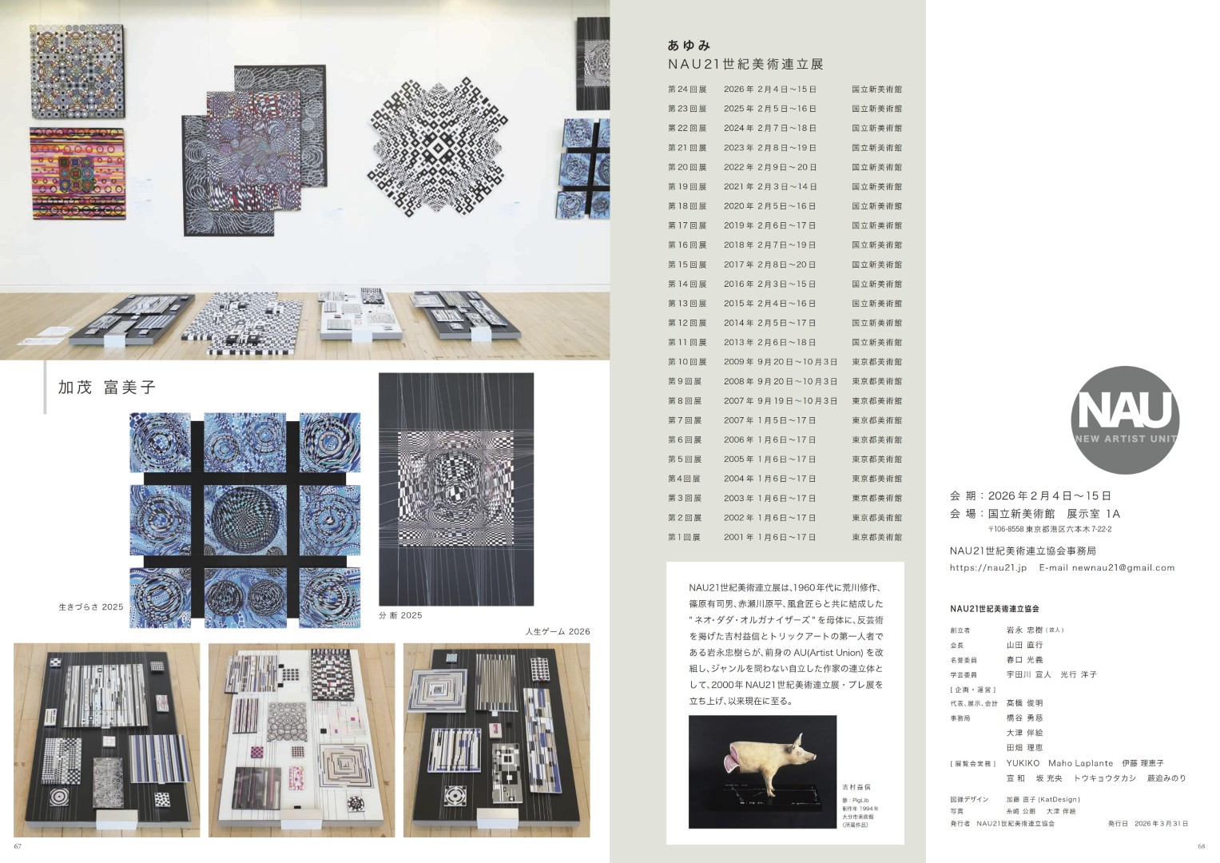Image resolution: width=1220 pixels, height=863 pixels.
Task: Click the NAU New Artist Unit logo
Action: (x=1124, y=420)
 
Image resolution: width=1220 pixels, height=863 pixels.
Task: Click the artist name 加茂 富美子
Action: (x=106, y=388)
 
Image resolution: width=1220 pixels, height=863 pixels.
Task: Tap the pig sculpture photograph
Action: (x=762, y=771)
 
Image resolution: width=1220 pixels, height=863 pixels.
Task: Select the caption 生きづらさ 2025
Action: (x=91, y=607)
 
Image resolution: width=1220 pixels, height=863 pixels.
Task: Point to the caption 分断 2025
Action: (x=400, y=615)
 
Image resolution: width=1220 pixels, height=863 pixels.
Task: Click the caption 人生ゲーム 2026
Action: (x=557, y=631)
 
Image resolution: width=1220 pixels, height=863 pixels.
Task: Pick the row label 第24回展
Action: (x=687, y=89)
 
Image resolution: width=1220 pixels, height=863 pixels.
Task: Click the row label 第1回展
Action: (x=684, y=538)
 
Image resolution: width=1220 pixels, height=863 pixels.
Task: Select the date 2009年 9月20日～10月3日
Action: (x=781, y=362)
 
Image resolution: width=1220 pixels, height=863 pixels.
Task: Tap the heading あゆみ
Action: (x=689, y=46)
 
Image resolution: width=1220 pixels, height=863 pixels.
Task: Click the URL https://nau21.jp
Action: (x=988, y=568)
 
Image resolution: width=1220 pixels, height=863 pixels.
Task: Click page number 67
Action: (x=18, y=846)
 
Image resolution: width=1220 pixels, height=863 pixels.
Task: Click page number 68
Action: (x=1201, y=846)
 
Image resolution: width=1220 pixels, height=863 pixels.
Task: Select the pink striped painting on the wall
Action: (x=78, y=173)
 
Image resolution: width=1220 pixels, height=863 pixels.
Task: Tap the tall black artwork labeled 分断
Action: (x=456, y=489)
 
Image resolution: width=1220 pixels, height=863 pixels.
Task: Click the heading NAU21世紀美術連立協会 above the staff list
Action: (x=994, y=609)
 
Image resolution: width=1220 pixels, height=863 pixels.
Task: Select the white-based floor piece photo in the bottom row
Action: (x=301, y=740)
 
